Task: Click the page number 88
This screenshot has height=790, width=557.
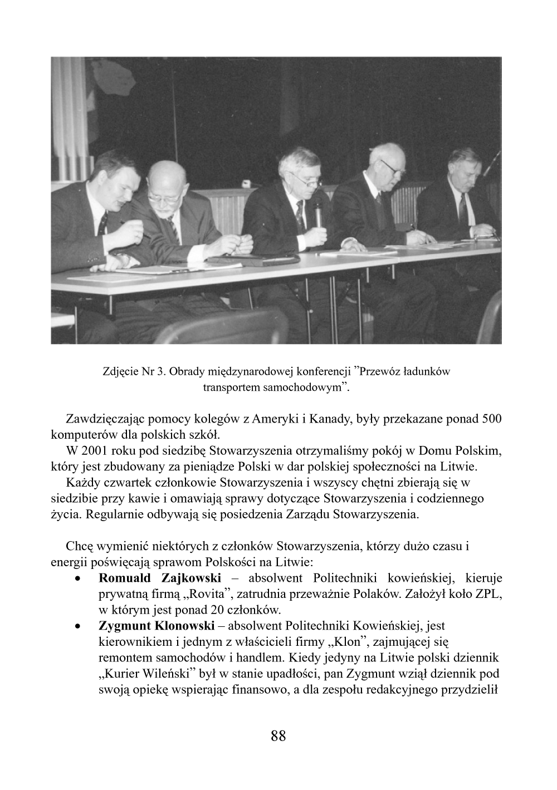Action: (x=278, y=736)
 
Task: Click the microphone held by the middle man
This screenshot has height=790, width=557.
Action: (x=317, y=214)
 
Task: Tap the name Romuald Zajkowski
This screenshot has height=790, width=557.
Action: (x=160, y=578)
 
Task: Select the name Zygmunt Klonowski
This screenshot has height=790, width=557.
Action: (x=157, y=626)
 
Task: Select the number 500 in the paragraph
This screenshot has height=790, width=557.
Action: (x=491, y=419)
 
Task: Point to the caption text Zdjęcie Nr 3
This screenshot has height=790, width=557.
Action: (x=134, y=371)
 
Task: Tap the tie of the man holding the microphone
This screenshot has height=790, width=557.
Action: (x=300, y=214)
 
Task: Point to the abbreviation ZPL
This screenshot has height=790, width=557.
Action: (x=488, y=594)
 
